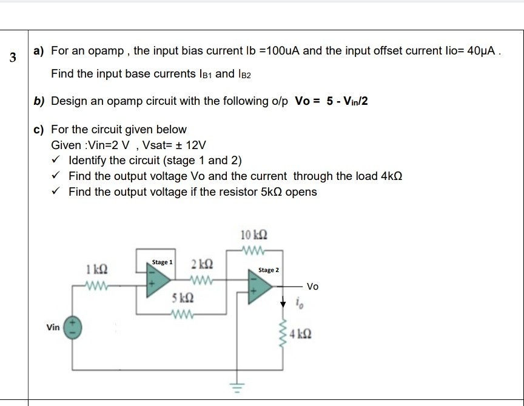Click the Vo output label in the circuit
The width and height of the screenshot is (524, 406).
pos(312,286)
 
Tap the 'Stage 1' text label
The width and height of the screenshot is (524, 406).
pos(162,262)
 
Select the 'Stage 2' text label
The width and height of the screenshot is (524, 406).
pos(269,270)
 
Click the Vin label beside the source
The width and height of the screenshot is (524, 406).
pos(53,327)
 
